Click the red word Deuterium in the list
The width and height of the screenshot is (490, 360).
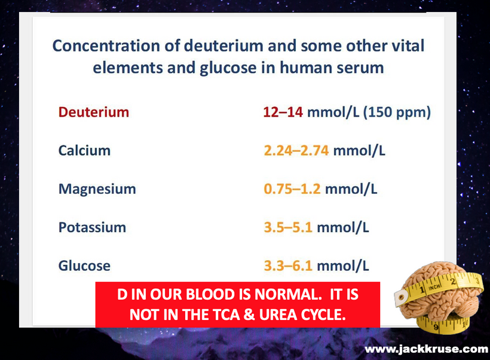[x=94, y=112]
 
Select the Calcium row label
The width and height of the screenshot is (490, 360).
[x=84, y=151]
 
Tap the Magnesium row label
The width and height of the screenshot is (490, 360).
[x=97, y=190]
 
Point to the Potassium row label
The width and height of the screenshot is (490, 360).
[x=92, y=227]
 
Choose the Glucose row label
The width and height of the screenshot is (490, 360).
[x=84, y=266]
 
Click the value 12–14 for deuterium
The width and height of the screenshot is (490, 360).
[x=283, y=112]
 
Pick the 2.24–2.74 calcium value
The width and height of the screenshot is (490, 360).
[x=296, y=151]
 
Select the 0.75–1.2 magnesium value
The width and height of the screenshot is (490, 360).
[x=292, y=189]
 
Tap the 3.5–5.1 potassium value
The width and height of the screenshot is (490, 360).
[x=288, y=227]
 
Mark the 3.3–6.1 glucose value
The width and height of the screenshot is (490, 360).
[x=288, y=266]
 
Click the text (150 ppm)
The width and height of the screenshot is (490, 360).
[x=397, y=112]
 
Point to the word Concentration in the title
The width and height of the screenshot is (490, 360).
[x=107, y=45]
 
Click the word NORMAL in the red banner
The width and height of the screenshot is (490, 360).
[x=288, y=294]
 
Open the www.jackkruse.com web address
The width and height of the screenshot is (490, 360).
[x=426, y=349]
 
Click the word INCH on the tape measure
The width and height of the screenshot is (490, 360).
[x=434, y=286]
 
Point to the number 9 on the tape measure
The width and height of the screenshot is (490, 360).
[x=436, y=328]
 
